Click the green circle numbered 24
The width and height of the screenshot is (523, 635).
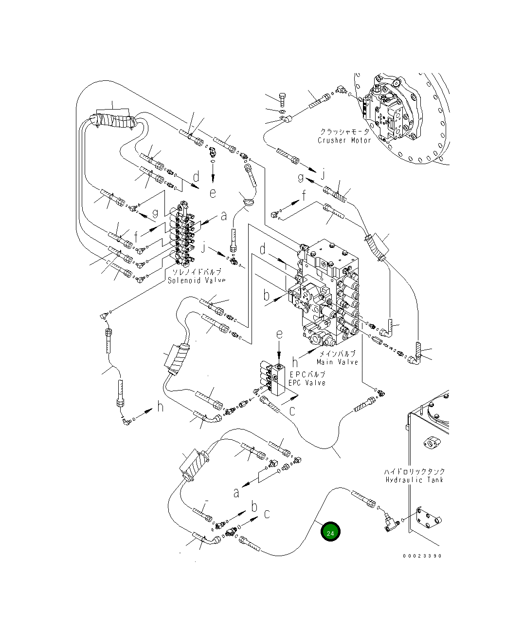(x=330, y=533)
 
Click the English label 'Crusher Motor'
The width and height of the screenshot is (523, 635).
(x=344, y=141)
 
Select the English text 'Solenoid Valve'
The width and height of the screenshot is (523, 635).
(x=196, y=280)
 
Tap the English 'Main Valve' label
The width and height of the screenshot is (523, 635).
(x=337, y=362)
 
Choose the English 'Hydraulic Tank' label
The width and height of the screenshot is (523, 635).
(x=415, y=480)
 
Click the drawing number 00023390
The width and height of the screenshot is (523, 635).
(x=422, y=556)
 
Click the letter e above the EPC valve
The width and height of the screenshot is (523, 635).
(x=279, y=335)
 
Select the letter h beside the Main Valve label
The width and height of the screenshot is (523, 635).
(x=295, y=363)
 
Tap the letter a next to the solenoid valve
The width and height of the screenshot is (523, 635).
(x=223, y=215)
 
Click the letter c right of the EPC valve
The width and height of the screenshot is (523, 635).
(x=292, y=411)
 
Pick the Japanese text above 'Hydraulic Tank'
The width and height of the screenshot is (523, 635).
(x=414, y=471)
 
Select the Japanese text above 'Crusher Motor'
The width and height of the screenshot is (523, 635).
(x=344, y=132)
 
